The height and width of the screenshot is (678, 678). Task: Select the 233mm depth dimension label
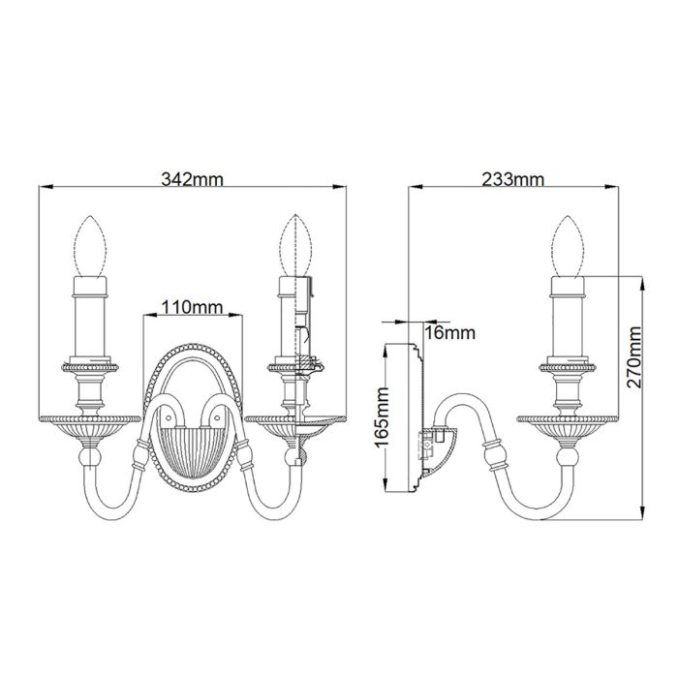[x=512, y=178]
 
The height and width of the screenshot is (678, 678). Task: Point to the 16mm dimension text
[x=450, y=333]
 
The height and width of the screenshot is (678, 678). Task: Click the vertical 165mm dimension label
[x=384, y=417]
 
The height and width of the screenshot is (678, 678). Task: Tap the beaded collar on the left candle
[x=91, y=369]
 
